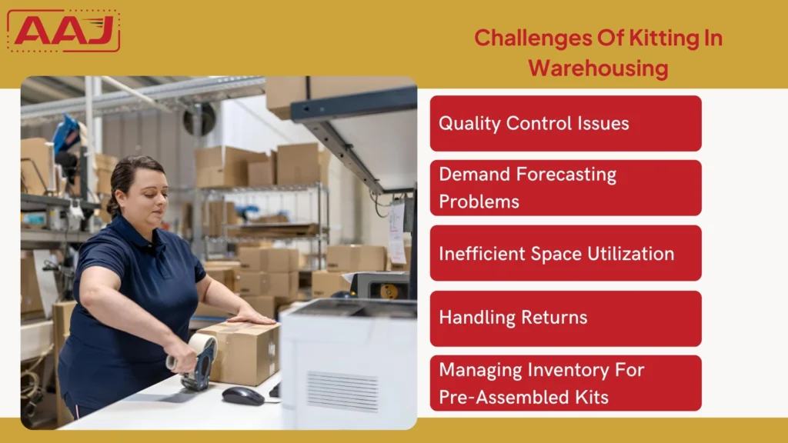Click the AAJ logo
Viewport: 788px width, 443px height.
tap(64, 31)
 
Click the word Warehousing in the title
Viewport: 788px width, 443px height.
tap(598, 68)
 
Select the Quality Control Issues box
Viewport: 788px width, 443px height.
tap(566, 123)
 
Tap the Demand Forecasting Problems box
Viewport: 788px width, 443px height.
tap(566, 188)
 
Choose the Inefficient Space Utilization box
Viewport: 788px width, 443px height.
tap(566, 253)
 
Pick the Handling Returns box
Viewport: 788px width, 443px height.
tap(566, 318)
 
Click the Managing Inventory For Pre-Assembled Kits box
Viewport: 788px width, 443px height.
tap(566, 383)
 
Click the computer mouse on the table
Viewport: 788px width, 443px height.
tap(243, 395)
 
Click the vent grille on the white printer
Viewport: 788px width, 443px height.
tap(342, 391)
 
